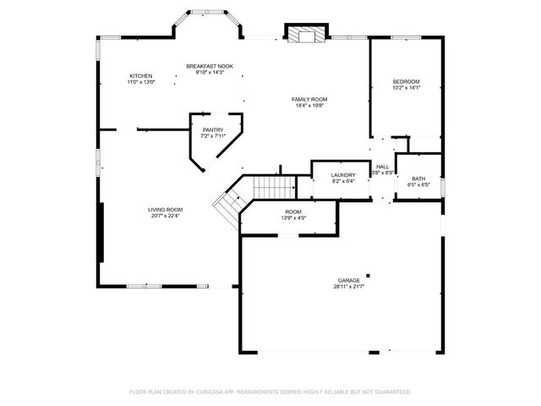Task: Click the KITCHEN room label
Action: [x=140, y=76]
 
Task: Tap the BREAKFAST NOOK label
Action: [x=210, y=66]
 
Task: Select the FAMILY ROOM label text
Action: [x=310, y=99]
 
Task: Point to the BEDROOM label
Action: [x=406, y=81]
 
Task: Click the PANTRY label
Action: [x=212, y=129]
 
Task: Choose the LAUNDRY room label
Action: [x=331, y=174]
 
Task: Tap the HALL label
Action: [x=383, y=167]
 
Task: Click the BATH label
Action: [x=418, y=178]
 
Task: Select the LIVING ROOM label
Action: [x=166, y=210]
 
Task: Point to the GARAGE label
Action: [x=349, y=280]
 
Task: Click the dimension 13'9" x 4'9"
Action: [x=293, y=218]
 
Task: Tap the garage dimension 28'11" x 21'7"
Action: [x=349, y=288]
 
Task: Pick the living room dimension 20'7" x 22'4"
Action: [x=166, y=217]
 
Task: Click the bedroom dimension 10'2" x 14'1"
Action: [x=406, y=88]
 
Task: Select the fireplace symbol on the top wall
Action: [x=304, y=35]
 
